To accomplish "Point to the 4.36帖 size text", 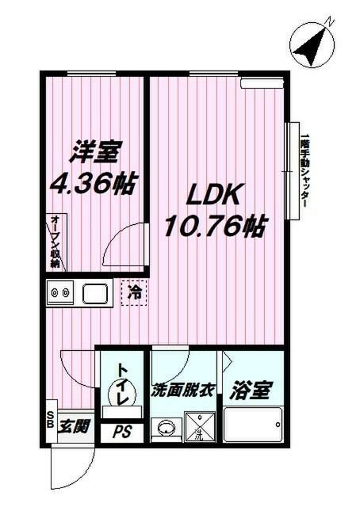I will [x=90, y=185].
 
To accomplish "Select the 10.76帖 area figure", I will [x=213, y=227].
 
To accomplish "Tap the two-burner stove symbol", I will [x=59, y=295].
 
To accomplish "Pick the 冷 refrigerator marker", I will [x=135, y=293].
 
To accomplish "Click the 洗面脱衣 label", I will [x=185, y=391].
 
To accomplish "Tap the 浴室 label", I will [x=251, y=391].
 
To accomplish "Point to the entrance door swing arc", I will [x=66, y=474].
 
